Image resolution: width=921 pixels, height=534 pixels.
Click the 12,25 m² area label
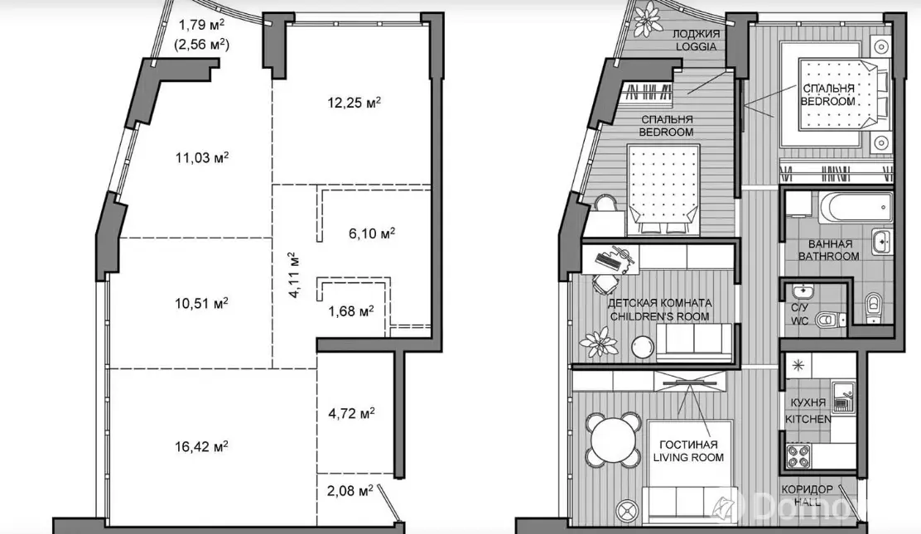pyautogui.click(x=354, y=103)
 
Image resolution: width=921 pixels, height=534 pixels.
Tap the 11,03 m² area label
pyautogui.click(x=201, y=157)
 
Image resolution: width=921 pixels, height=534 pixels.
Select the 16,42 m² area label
pyautogui.click(x=201, y=446)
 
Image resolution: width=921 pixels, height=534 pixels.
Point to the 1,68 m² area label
pyautogui.click(x=350, y=310)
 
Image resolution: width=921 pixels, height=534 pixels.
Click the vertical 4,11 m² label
pyautogui.click(x=294, y=275)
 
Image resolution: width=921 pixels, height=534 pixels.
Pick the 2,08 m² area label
pyautogui.click(x=350, y=490)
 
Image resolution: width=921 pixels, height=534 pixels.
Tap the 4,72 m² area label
pyautogui.click(x=351, y=414)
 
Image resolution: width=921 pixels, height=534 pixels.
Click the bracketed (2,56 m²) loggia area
pyautogui.click(x=202, y=44)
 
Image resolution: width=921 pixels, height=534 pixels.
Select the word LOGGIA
pyautogui.click(x=696, y=46)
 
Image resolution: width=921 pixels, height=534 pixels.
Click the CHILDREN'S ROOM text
pyautogui.click(x=659, y=316)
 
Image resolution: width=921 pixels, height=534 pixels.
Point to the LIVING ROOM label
pyautogui.click(x=688, y=457)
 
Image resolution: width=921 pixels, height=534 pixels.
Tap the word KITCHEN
pyautogui.click(x=808, y=419)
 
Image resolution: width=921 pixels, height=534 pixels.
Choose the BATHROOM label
pyautogui.click(x=829, y=256)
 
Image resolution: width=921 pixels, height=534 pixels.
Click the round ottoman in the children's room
pyautogui.click(x=644, y=347)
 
